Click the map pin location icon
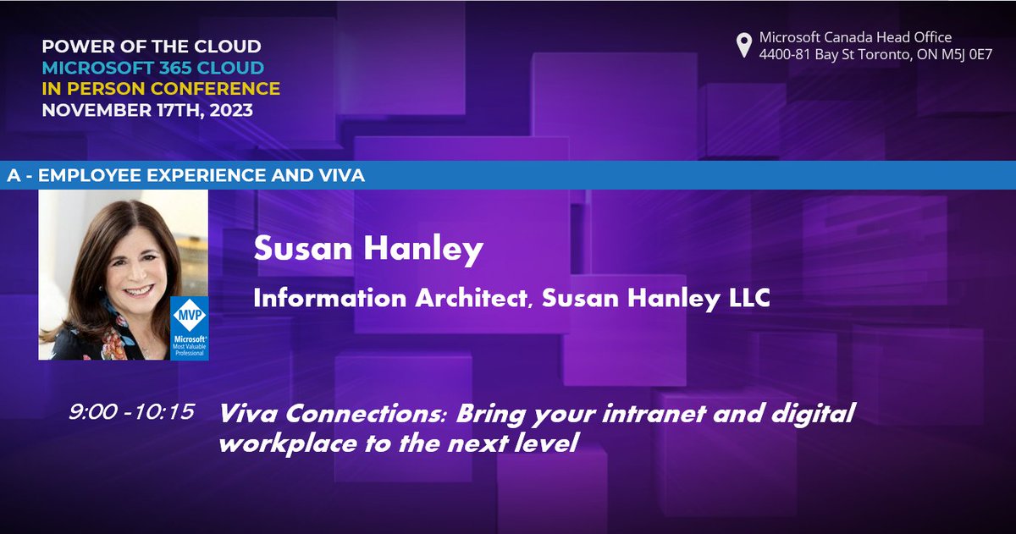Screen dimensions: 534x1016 tap(744, 45)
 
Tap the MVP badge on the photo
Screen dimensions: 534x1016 tap(189, 328)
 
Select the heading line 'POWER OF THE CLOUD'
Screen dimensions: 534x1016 tap(152, 47)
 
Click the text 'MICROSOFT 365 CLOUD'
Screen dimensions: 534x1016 tap(152, 68)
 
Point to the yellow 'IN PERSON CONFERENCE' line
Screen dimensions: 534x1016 tap(161, 88)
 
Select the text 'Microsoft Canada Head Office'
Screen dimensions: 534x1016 tap(855, 37)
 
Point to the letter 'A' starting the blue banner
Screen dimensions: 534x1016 tap(13, 176)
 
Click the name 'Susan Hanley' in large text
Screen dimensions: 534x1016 tap(368, 250)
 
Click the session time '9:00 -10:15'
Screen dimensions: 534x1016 tap(132, 412)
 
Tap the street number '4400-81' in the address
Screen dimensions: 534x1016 tap(787, 53)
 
